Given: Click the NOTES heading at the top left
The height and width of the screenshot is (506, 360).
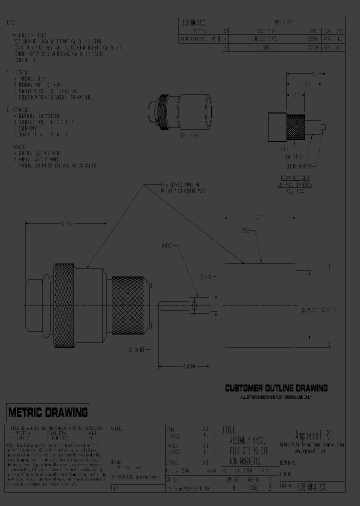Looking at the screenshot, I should point(10,23).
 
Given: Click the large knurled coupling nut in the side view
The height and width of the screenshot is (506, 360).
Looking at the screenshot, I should point(65,305).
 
